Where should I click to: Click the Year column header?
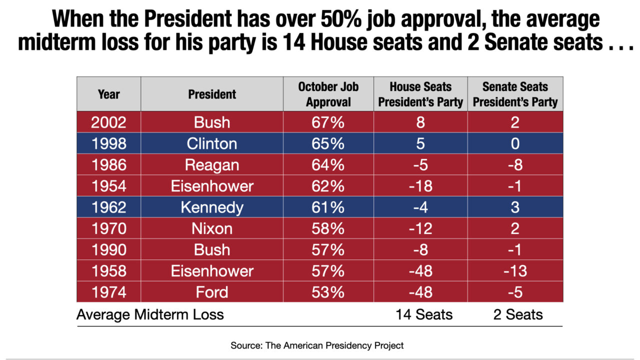click(x=108, y=94)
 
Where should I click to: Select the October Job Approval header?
click(x=328, y=94)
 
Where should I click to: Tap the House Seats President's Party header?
click(x=420, y=94)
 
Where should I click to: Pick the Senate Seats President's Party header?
click(x=515, y=94)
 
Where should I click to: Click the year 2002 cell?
click(x=108, y=122)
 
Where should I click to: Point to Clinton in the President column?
click(x=211, y=143)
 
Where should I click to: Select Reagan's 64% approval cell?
click(x=328, y=165)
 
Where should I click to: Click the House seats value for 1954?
click(x=420, y=186)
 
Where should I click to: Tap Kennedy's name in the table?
click(x=211, y=207)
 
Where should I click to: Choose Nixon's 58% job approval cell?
click(x=328, y=228)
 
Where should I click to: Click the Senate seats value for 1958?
click(x=515, y=271)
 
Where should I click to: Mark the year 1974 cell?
click(x=108, y=292)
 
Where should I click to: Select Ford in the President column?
click(x=211, y=292)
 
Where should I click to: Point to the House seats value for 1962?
click(x=420, y=207)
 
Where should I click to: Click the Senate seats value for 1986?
click(x=515, y=165)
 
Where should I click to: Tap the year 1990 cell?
click(x=108, y=249)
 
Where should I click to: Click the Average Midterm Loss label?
click(x=150, y=314)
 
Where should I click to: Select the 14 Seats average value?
click(x=424, y=314)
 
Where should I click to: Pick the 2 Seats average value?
click(x=517, y=314)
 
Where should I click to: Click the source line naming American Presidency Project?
click(x=317, y=345)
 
